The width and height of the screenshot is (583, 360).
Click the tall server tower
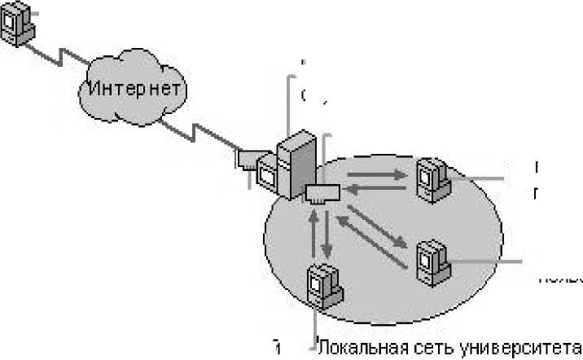[294, 163]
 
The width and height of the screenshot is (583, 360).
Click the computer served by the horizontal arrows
[431, 179]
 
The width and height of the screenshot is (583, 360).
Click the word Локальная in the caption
[356, 346]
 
